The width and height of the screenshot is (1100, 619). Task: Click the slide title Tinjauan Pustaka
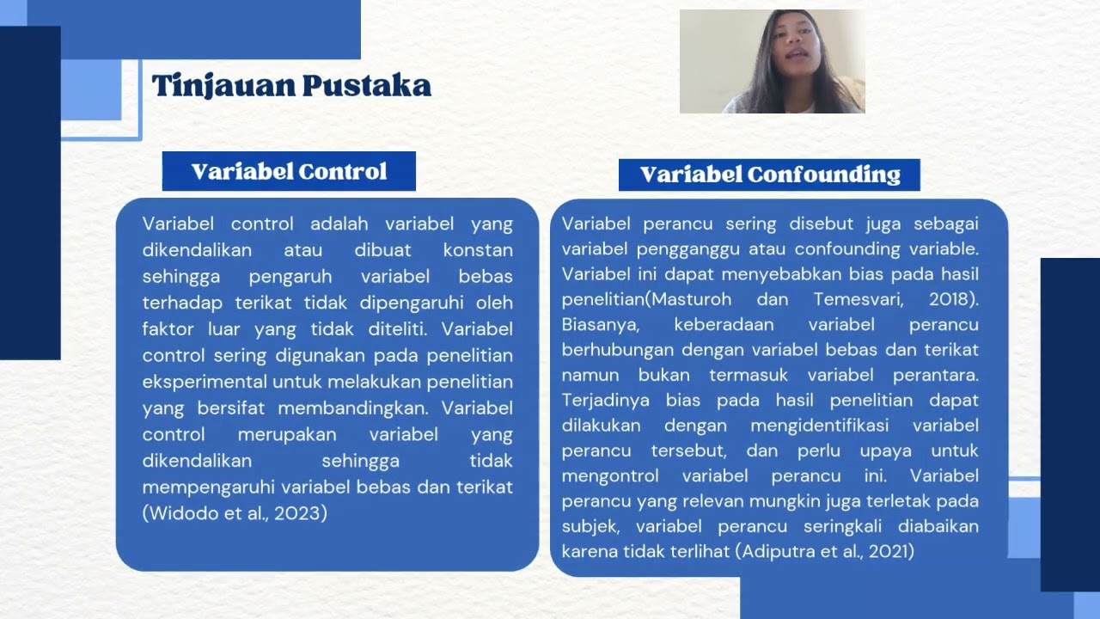point(291,86)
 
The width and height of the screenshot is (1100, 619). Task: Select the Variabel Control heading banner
point(289,171)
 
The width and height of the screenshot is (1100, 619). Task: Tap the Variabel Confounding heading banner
point(769,175)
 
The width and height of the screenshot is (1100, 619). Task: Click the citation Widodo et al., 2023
point(235,513)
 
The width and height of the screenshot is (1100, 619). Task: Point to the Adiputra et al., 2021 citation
point(825,551)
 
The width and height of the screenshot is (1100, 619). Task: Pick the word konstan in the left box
point(478,250)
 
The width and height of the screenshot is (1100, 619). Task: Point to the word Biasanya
point(601,325)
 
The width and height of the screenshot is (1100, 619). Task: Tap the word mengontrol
point(610,475)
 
